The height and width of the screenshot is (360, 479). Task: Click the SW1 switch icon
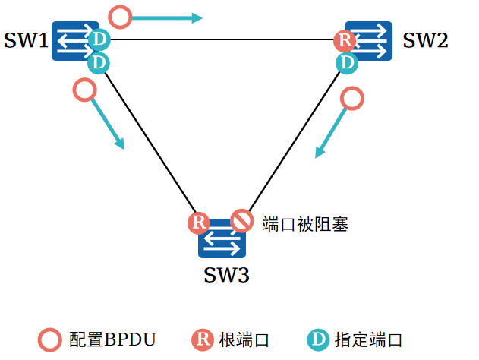[x=74, y=41]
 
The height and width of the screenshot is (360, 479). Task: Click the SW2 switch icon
[x=368, y=41]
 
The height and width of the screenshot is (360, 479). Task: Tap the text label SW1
[x=26, y=41]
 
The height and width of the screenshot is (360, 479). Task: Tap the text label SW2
[x=425, y=41]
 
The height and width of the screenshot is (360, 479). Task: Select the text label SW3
[x=226, y=275]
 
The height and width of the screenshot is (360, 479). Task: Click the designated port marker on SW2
[x=347, y=62]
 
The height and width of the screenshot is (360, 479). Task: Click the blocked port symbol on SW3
[x=241, y=221]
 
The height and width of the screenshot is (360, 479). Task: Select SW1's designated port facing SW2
[x=99, y=39]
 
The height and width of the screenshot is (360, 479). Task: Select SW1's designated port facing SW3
[x=99, y=62]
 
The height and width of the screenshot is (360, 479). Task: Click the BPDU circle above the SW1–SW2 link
[x=120, y=15]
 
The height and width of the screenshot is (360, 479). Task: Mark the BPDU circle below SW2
[x=352, y=98]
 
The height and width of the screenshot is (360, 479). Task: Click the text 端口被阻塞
[x=304, y=224]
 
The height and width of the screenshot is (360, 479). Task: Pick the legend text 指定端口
[x=367, y=339]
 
